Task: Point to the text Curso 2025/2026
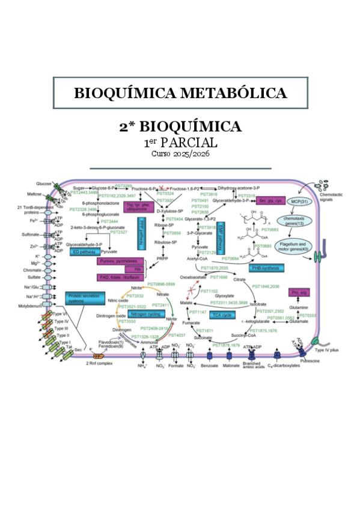180,155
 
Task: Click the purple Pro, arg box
299,292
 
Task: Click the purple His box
129,269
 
